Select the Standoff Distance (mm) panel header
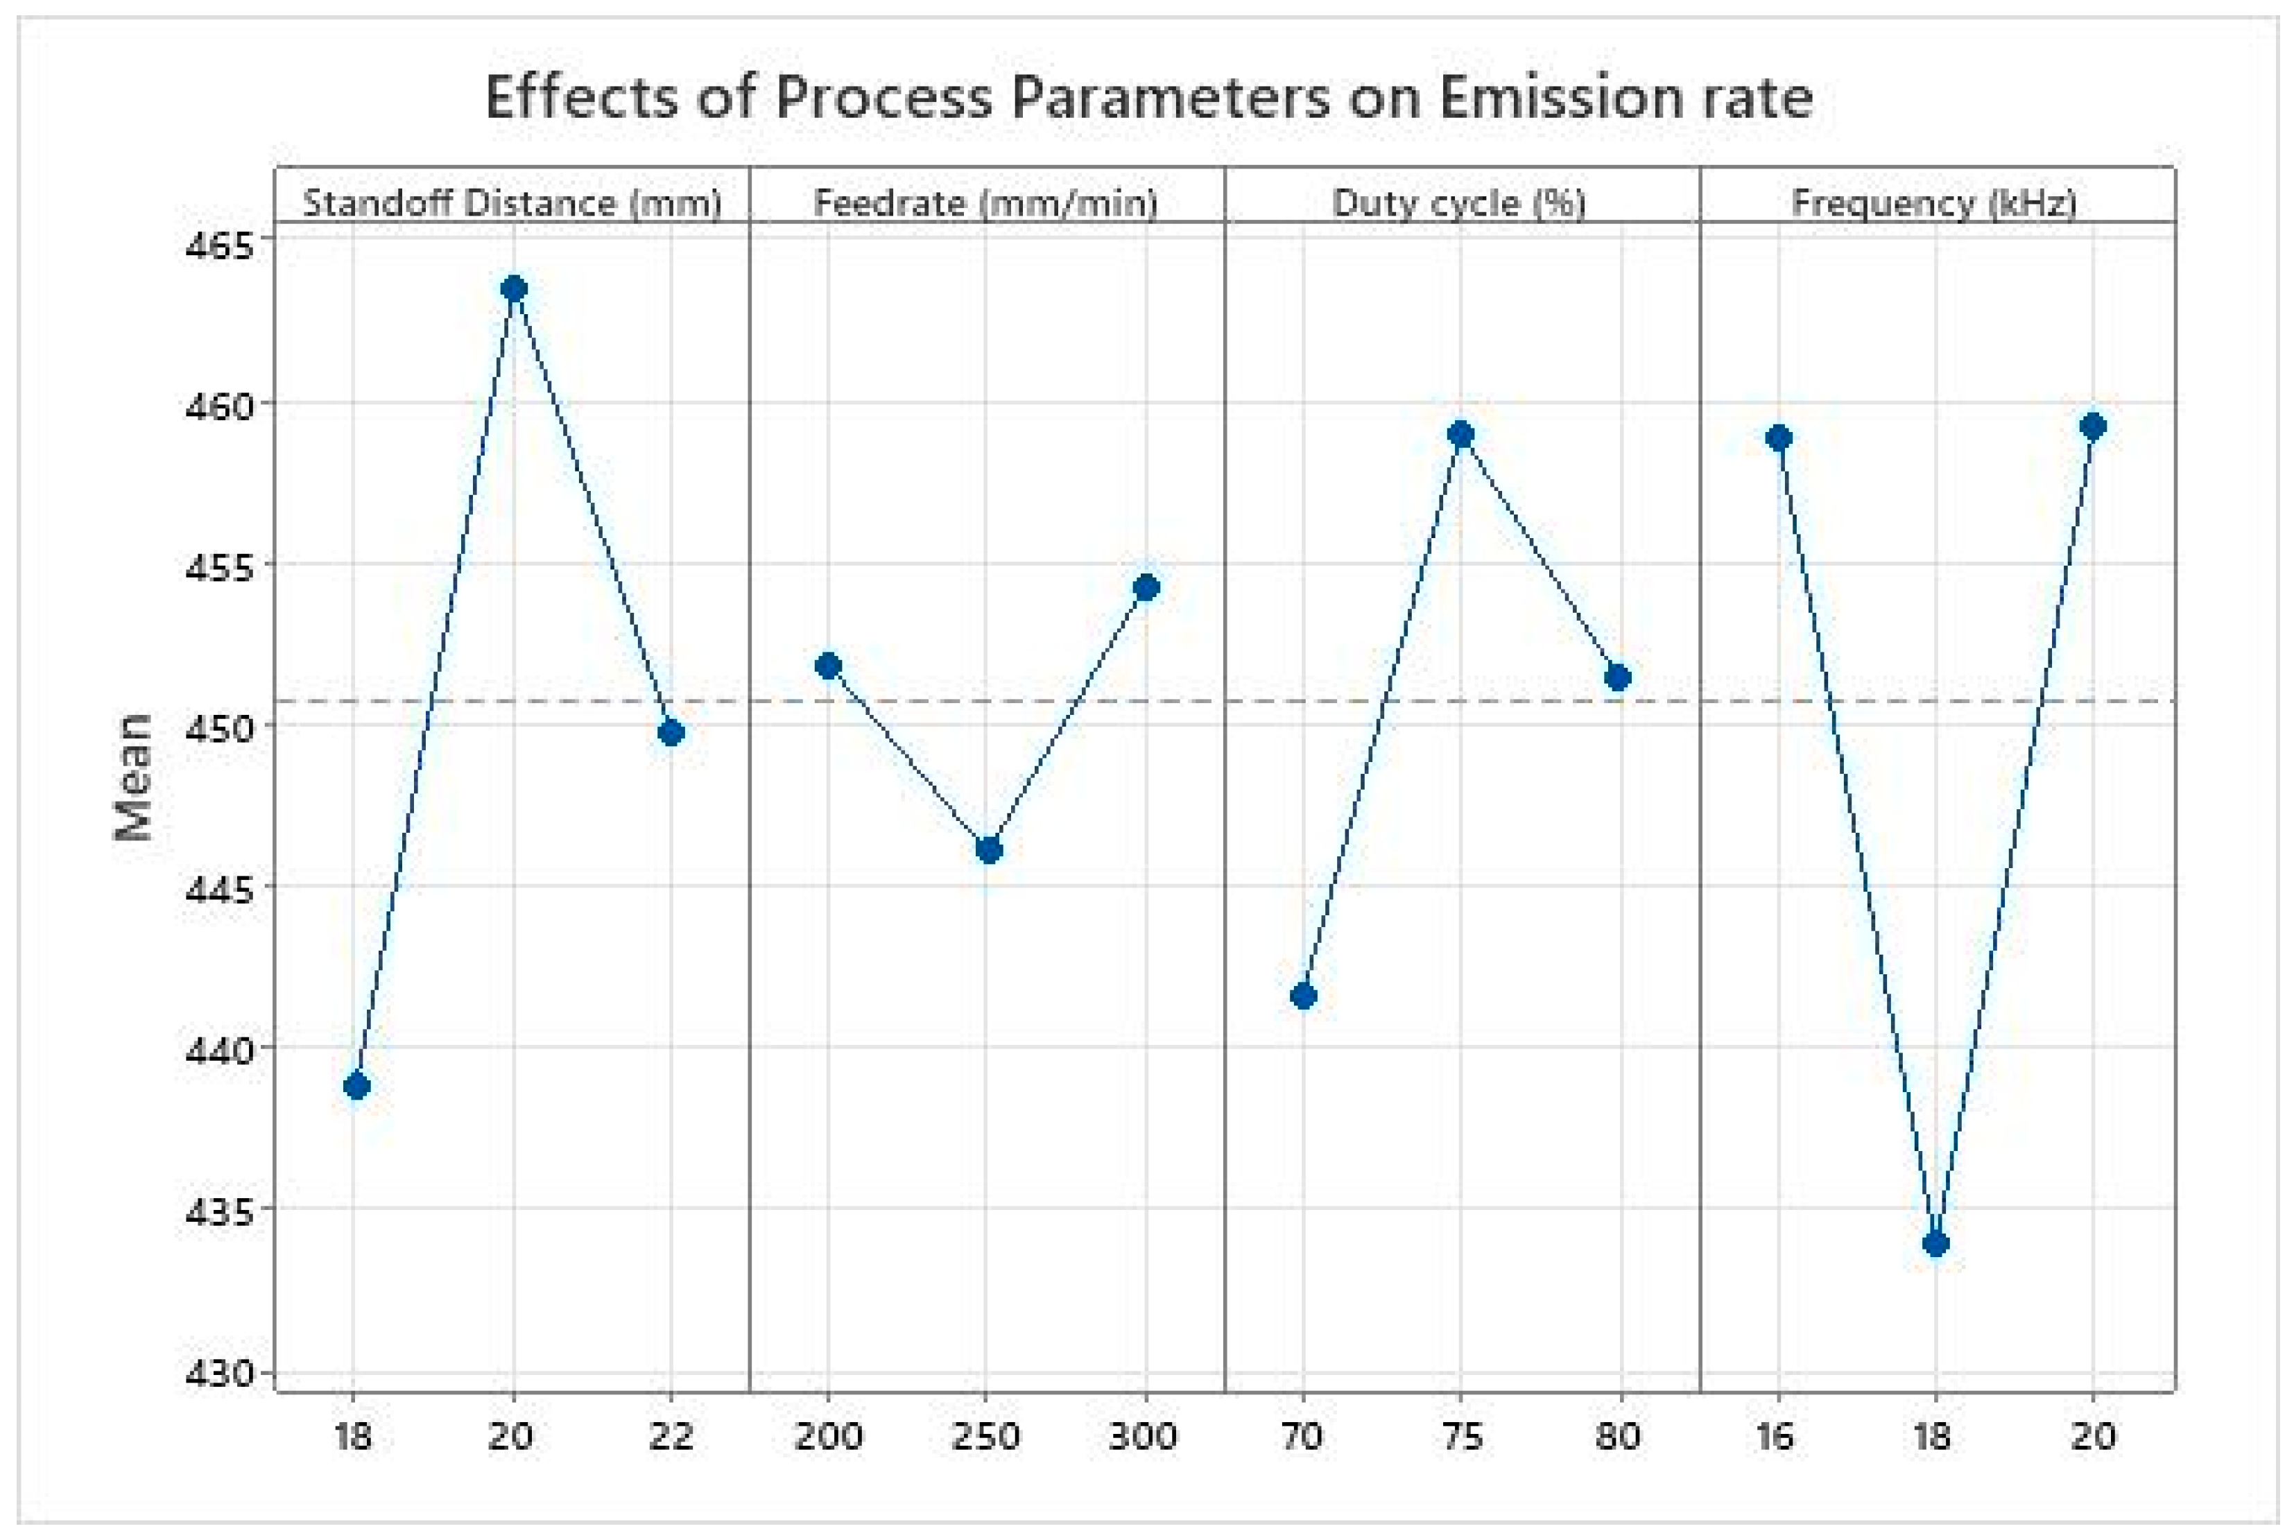click(x=512, y=203)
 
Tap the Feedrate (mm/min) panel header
click(x=986, y=203)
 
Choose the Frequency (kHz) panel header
click(x=1935, y=203)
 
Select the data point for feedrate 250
click(x=989, y=849)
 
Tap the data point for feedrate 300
click(x=1146, y=587)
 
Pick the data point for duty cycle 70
click(x=1303, y=996)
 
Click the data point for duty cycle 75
click(x=1461, y=434)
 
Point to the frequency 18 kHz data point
click(x=1935, y=1243)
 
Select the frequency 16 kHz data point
click(x=1779, y=437)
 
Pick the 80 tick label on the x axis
click(x=1617, y=1437)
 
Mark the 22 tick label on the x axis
click(x=671, y=1437)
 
